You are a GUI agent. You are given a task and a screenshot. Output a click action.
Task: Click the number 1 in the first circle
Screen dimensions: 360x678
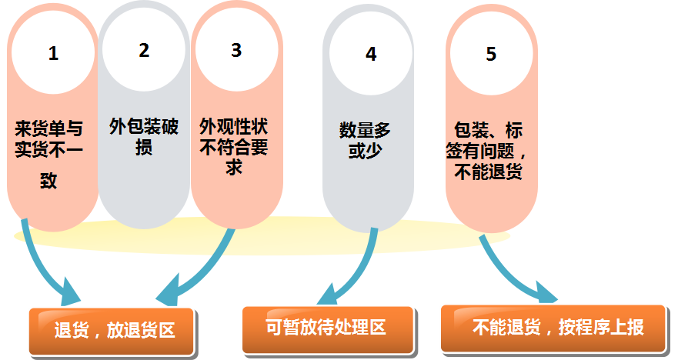tap(53, 55)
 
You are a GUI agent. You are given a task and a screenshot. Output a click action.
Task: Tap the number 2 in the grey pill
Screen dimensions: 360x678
tap(144, 51)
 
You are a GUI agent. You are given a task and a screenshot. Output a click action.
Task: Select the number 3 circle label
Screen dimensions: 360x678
tap(236, 50)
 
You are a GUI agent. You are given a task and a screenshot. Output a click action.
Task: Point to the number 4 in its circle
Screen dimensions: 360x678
tap(371, 55)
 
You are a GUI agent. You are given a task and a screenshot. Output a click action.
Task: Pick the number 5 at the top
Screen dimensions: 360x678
tap(491, 54)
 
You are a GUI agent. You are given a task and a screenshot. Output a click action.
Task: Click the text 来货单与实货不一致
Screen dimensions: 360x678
tap(49, 151)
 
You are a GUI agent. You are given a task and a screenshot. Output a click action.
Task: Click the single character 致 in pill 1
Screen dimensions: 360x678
tap(49, 182)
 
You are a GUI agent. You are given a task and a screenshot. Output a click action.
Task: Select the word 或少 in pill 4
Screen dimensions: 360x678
tap(365, 151)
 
